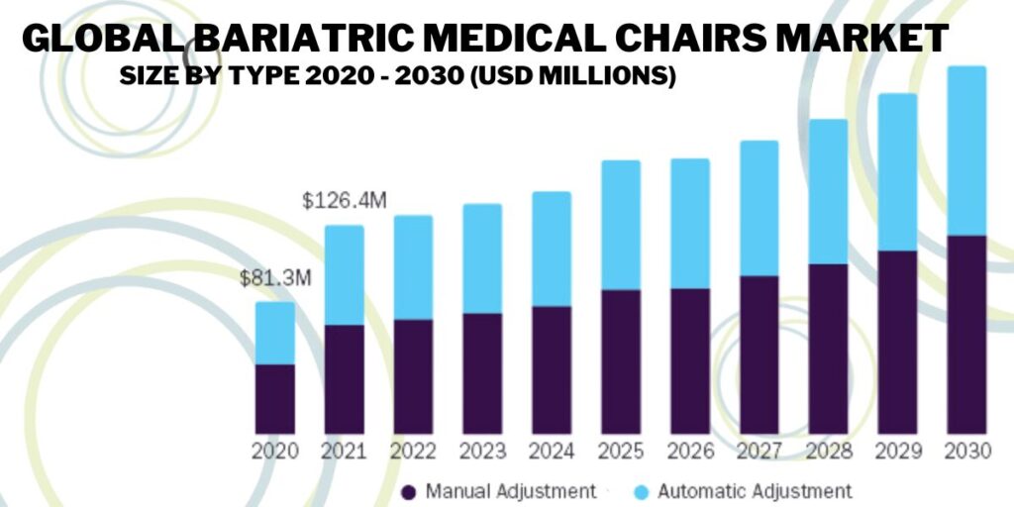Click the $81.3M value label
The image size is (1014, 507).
[275, 278]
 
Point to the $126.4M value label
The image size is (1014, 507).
[344, 201]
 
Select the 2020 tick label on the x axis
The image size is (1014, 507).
[275, 452]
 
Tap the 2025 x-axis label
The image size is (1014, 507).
[620, 452]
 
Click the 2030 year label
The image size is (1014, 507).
[965, 452]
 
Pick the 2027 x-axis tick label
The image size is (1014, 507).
[759, 452]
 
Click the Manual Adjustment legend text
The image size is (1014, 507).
[511, 490]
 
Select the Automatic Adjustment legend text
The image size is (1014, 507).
[755, 490]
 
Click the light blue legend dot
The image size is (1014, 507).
[641, 491]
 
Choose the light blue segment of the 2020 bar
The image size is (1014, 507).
[275, 333]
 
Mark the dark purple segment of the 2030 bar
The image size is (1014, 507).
[965, 334]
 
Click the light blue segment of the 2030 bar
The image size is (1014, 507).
[965, 151]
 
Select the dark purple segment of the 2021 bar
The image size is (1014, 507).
[344, 378]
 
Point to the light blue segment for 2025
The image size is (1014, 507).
[620, 225]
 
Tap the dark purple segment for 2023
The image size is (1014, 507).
[482, 373]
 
